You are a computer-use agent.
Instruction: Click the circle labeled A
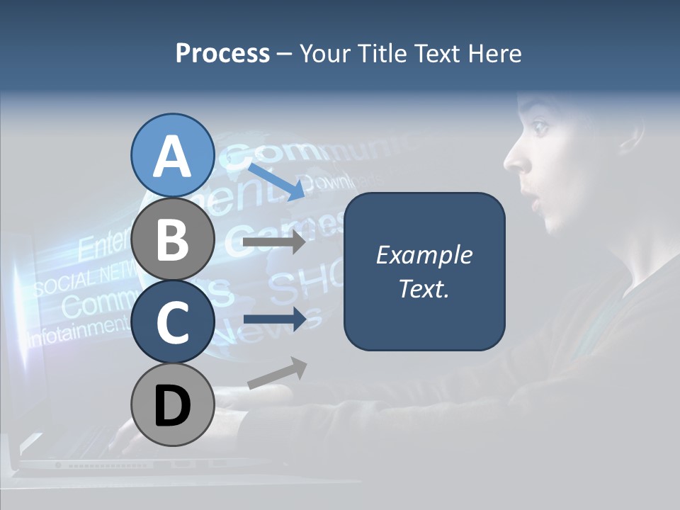click(172, 155)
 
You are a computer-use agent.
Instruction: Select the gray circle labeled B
click(172, 239)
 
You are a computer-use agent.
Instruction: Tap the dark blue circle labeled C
click(172, 322)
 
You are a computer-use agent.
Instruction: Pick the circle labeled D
click(172, 405)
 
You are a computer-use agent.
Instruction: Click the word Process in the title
click(222, 53)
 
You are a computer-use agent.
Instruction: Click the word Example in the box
click(424, 255)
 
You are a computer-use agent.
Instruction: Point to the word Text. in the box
click(424, 288)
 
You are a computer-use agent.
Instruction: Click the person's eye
click(540, 127)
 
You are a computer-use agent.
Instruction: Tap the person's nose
click(515, 161)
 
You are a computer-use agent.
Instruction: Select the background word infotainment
click(74, 330)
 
